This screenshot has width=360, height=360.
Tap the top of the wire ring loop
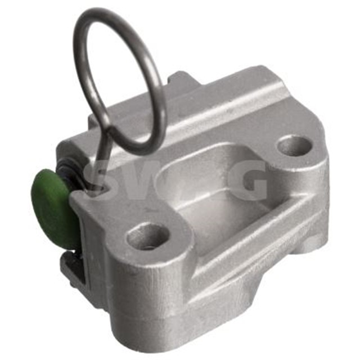click(x=110, y=12)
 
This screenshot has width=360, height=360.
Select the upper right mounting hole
click(x=294, y=146)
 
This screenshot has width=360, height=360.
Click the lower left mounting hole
click(x=148, y=236)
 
